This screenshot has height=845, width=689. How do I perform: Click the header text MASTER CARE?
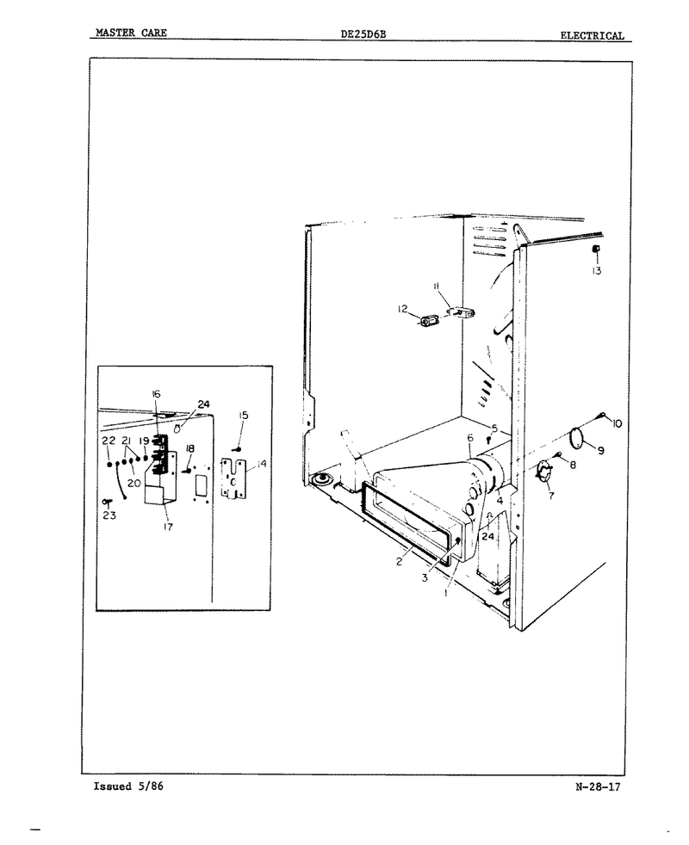(x=131, y=33)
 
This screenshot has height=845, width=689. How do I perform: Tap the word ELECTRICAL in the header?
(x=592, y=35)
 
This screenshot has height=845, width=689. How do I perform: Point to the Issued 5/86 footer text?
(x=128, y=786)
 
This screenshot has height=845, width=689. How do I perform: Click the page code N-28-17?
(x=598, y=786)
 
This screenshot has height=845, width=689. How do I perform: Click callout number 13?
(x=596, y=271)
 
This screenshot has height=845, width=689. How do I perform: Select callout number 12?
(x=402, y=309)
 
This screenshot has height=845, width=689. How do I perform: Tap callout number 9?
(x=600, y=451)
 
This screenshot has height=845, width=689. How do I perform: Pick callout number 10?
(x=617, y=423)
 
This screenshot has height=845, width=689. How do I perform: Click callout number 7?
(x=551, y=496)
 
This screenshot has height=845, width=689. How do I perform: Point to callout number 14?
(x=261, y=464)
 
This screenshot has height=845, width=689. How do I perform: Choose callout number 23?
(x=109, y=515)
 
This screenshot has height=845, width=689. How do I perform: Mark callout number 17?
(x=168, y=527)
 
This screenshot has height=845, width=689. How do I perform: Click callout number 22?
(x=109, y=441)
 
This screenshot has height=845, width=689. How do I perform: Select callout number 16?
(x=156, y=394)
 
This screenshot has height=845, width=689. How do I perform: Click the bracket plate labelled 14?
(x=233, y=478)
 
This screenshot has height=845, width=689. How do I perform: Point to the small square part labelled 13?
(x=597, y=249)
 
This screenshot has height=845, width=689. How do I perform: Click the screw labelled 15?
(x=238, y=448)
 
